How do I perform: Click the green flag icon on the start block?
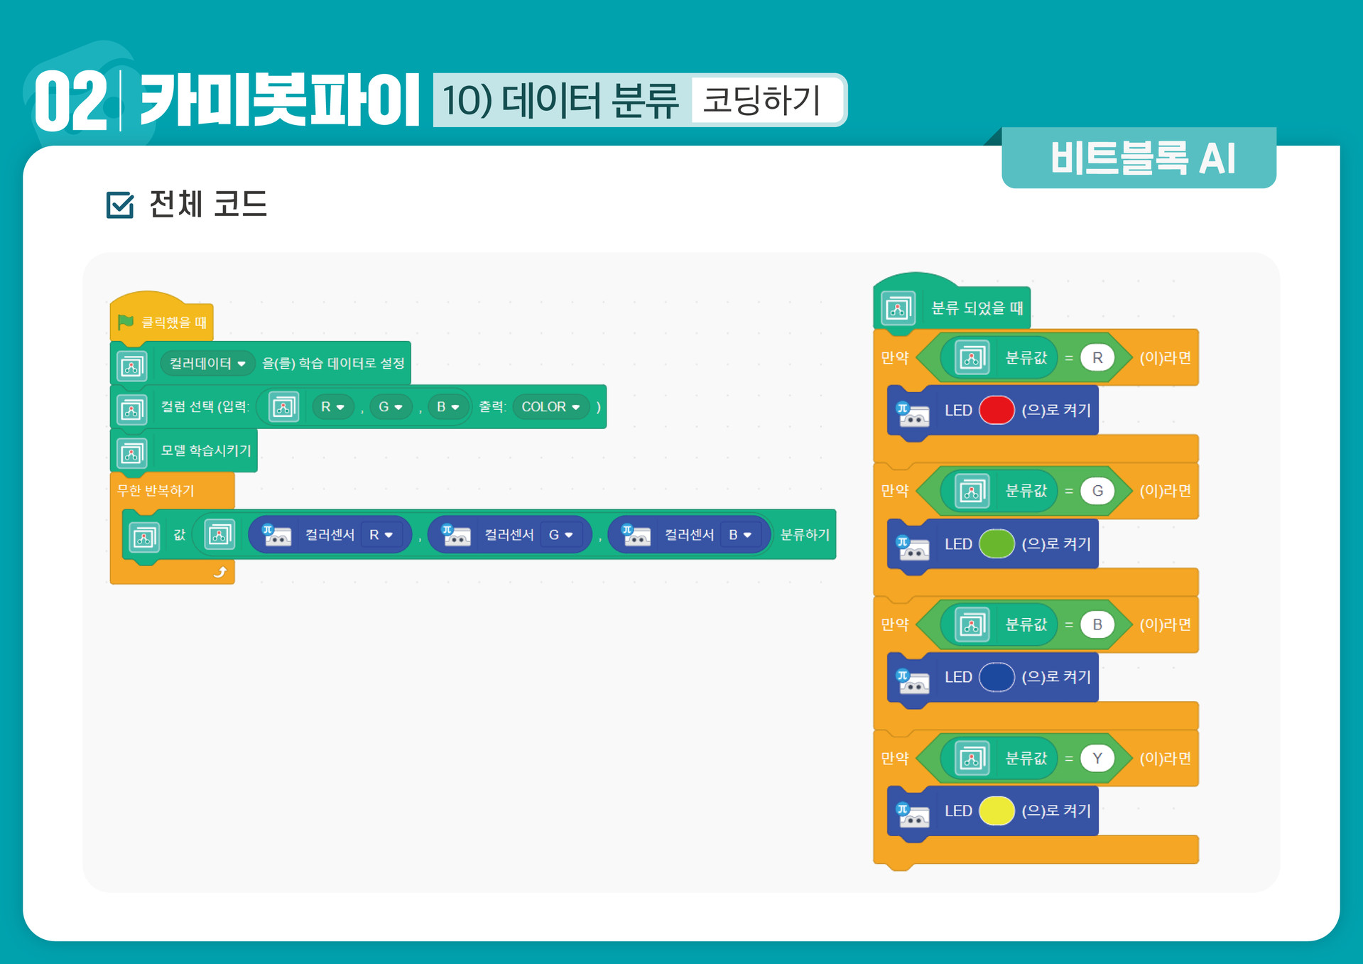(x=126, y=322)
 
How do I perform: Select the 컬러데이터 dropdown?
(x=207, y=364)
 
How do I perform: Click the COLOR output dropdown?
(x=550, y=407)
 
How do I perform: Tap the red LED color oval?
(x=996, y=410)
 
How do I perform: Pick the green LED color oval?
(x=996, y=544)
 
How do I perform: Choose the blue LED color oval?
(x=996, y=677)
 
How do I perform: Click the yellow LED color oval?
(x=996, y=811)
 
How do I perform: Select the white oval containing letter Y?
(x=1097, y=759)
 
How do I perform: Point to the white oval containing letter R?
(x=1097, y=358)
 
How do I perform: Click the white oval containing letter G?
(x=1097, y=491)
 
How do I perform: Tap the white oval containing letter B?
(x=1097, y=624)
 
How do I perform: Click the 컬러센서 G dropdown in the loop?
(x=561, y=535)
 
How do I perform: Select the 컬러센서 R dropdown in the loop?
(x=381, y=535)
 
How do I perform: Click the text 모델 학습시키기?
(x=206, y=450)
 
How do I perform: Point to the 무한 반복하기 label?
(x=156, y=491)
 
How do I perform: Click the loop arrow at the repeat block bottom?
(x=220, y=572)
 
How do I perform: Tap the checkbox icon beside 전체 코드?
(x=120, y=205)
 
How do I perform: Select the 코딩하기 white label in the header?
(x=762, y=100)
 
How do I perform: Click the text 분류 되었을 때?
(x=977, y=308)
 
